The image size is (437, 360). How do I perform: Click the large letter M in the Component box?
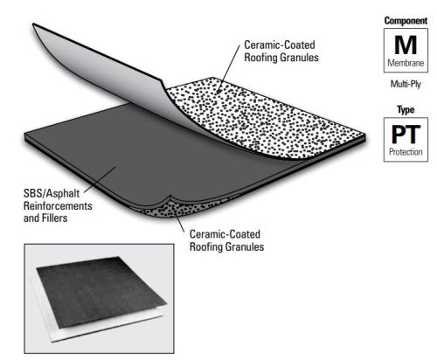click(x=406, y=45)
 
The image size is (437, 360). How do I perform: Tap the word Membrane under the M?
click(x=406, y=63)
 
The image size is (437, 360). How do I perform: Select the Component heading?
click(x=406, y=21)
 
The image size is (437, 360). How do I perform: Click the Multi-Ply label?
click(x=406, y=84)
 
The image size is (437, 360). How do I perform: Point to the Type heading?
click(x=406, y=110)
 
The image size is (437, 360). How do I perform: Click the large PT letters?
click(x=406, y=135)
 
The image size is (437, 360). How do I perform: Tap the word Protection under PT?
click(x=406, y=152)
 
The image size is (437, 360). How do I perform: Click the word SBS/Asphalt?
click(x=52, y=193)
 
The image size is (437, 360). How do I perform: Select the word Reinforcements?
click(x=58, y=206)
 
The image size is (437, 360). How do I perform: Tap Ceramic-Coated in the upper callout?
click(x=280, y=45)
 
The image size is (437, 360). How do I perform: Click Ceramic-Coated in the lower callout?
click(x=225, y=234)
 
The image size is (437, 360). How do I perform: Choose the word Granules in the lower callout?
click(x=244, y=246)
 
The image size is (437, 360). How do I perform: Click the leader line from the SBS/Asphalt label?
click(x=101, y=179)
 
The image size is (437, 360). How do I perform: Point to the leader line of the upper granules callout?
click(x=229, y=69)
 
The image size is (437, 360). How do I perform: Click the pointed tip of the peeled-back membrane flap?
click(x=33, y=24)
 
